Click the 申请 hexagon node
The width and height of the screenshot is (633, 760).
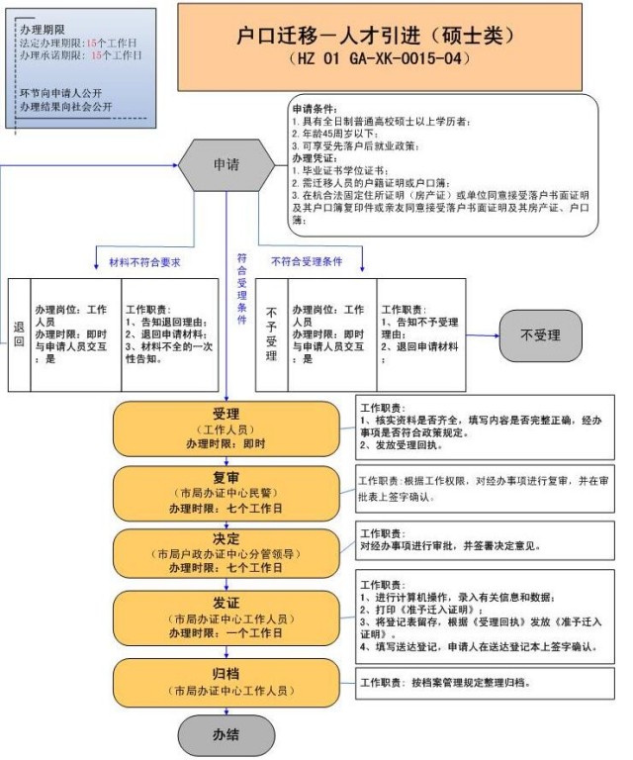point(226,165)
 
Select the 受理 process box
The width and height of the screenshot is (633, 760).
point(226,427)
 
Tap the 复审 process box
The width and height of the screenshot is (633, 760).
point(226,491)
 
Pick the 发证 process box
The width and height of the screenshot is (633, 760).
point(226,617)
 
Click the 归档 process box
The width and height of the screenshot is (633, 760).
point(226,681)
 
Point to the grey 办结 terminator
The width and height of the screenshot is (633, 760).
point(226,736)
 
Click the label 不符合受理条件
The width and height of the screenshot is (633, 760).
point(307,262)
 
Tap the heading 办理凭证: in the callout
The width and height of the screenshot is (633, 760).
point(316,157)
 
